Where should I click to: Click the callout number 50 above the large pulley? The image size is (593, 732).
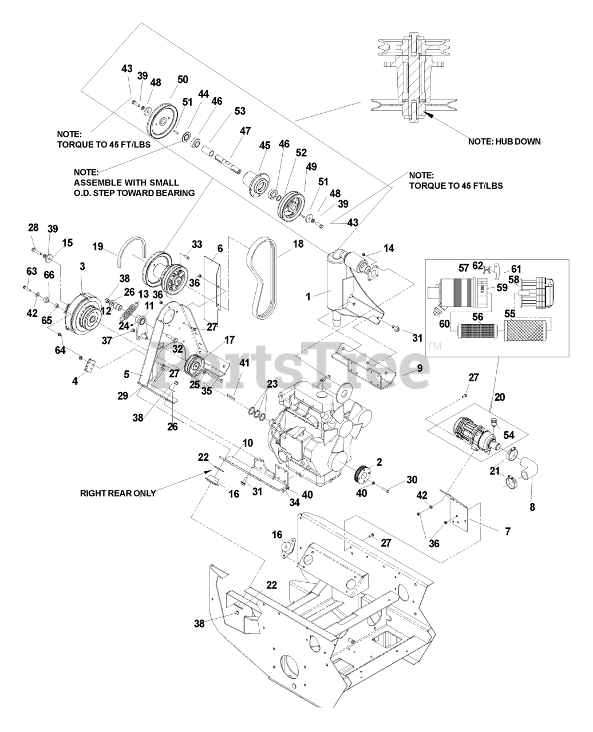pos(182,79)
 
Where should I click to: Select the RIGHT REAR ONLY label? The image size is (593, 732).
pos(118,492)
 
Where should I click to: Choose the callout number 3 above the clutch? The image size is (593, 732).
pos(82,267)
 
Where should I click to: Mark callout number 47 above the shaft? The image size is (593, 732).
pos(245,131)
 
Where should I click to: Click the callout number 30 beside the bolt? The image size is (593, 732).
pos(412,479)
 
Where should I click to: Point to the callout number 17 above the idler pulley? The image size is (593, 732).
pos(229,340)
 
